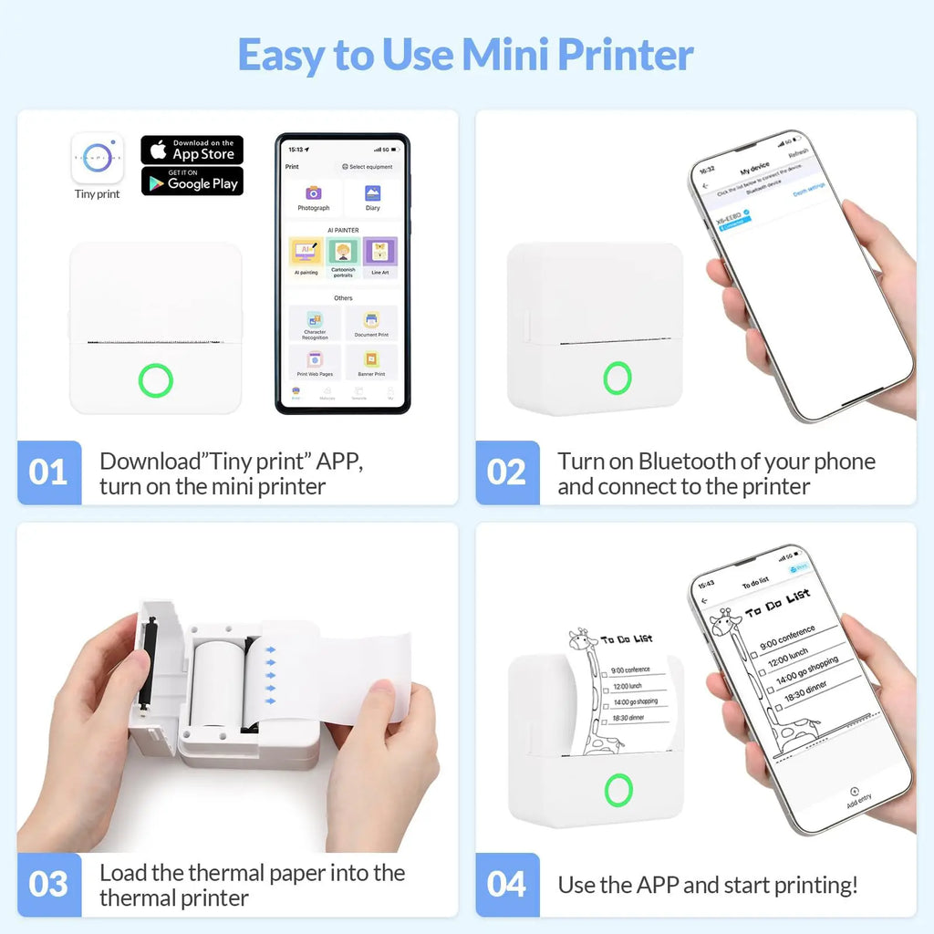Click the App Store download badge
192,150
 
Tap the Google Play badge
192,181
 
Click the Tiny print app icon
97,157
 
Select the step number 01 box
48,472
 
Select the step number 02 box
506,472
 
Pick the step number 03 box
48,884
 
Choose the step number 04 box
506,884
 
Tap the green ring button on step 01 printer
156,380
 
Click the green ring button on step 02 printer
617,378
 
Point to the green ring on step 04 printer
617,790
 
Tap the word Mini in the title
505,55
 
